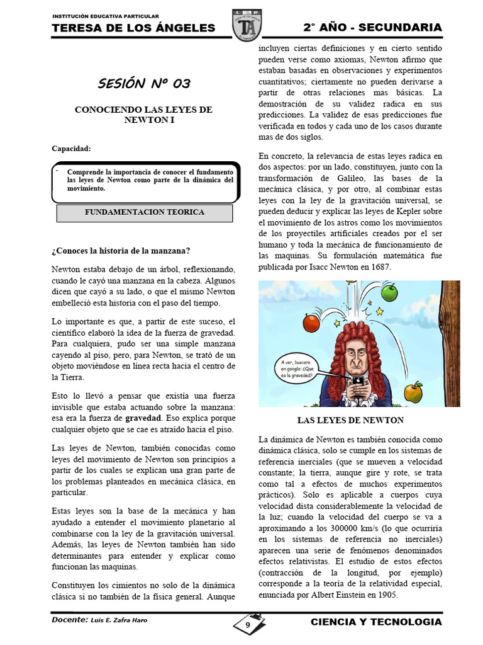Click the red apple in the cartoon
pos(310,322)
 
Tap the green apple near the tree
pos(391,292)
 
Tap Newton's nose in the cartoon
pos(353,361)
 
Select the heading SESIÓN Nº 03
pos(143,83)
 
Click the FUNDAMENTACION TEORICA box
pos(145,212)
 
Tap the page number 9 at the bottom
pos(248,625)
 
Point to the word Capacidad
pos(71,149)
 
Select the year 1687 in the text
pos(379,267)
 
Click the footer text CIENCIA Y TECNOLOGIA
pos(376,622)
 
